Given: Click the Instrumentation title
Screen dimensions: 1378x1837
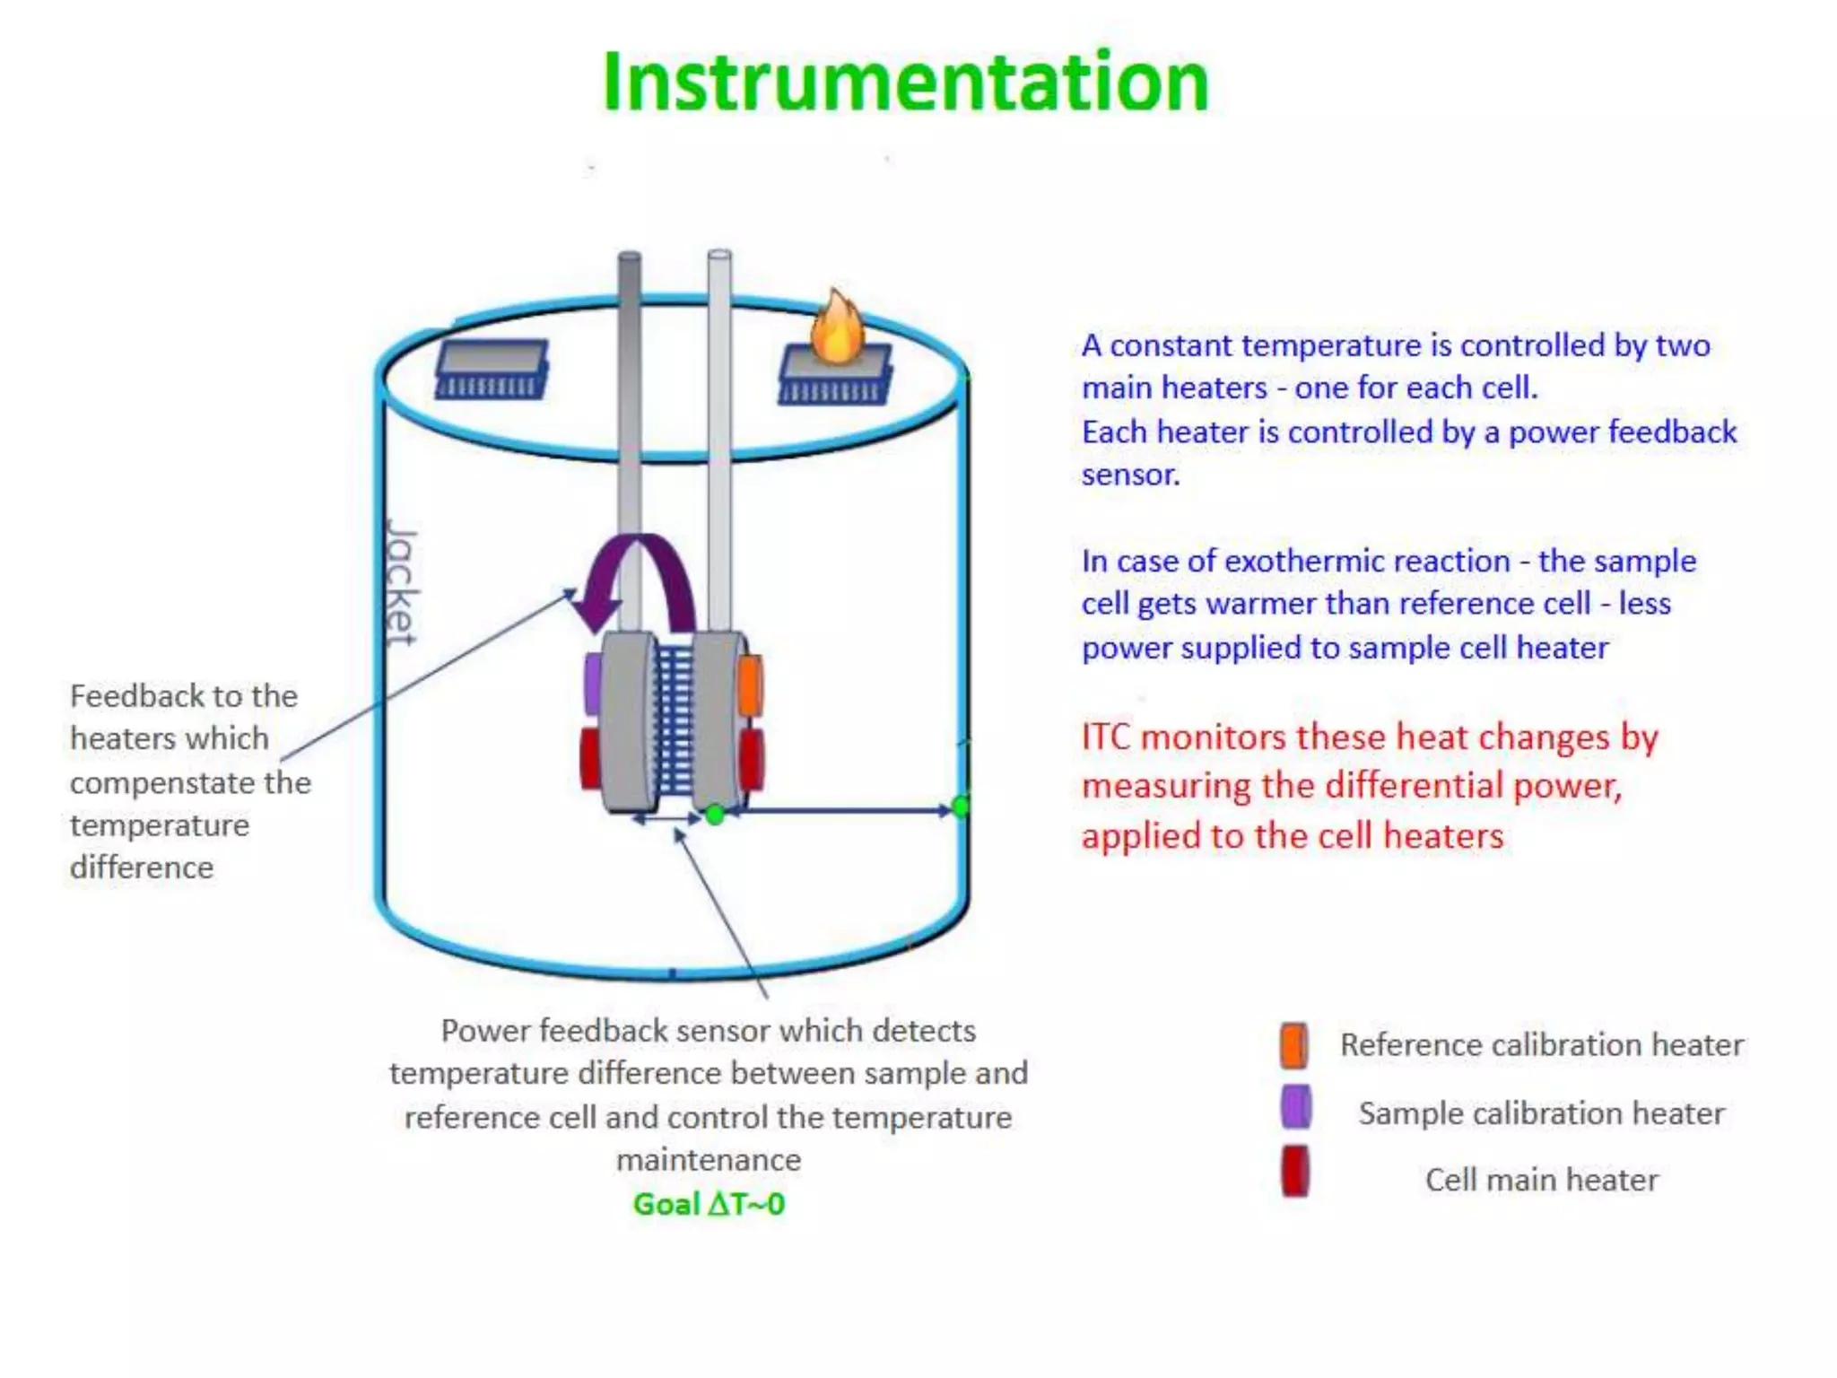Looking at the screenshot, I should (906, 83).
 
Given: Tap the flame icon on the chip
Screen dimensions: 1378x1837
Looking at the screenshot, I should (837, 328).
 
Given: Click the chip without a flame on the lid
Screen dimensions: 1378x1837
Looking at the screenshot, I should (492, 368).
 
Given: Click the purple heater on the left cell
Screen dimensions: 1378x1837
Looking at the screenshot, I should (593, 684).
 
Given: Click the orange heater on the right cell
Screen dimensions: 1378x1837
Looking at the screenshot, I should (750, 685).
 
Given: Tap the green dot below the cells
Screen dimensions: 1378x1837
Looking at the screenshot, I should (715, 815).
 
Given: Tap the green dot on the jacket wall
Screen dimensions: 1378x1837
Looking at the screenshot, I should (961, 806).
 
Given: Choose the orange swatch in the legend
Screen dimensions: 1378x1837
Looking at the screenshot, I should (1293, 1045).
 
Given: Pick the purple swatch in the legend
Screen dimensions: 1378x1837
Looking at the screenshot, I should (1295, 1107).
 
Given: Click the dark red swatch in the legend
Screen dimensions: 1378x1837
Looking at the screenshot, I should (1294, 1172).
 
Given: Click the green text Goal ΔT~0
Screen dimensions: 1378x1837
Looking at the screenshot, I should (709, 1204).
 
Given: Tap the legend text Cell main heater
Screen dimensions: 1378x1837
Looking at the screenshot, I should (1541, 1180).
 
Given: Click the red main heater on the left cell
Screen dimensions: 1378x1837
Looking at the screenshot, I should (590, 759).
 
